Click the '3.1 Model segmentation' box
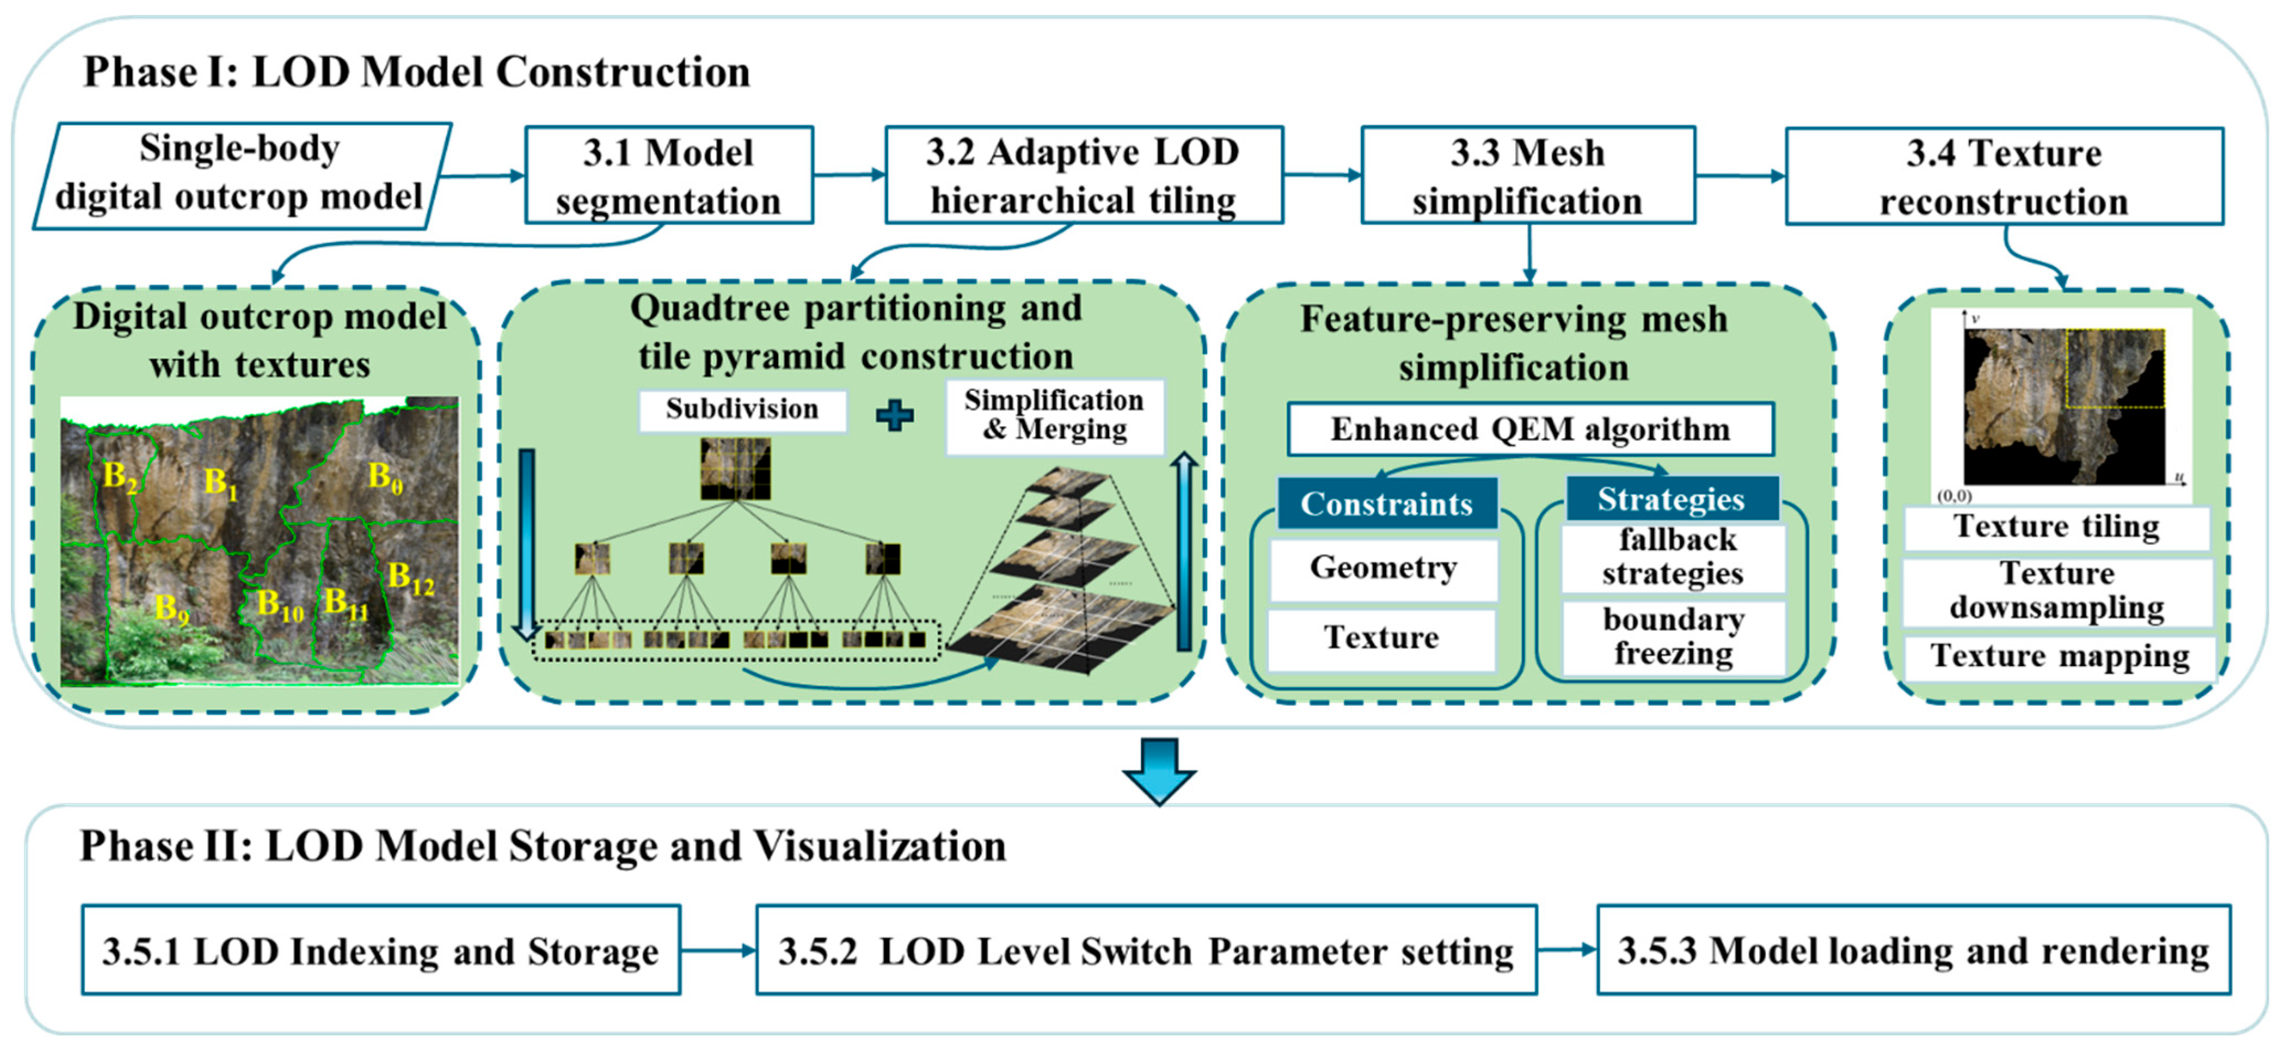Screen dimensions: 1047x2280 tap(668, 176)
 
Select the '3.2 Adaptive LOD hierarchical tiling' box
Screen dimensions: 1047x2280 tap(1083, 176)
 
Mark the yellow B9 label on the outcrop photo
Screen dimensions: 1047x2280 tap(172, 609)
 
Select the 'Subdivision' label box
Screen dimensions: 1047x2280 tap(742, 410)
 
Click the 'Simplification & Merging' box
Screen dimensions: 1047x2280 tap(1053, 415)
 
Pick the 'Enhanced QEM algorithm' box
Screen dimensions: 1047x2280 tap(1530, 429)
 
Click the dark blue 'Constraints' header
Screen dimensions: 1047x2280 tap(1386, 503)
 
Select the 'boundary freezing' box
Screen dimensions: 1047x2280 tap(1673, 637)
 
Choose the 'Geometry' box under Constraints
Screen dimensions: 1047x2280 tap(1383, 568)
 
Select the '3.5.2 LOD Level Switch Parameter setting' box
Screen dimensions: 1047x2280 tap(1146, 950)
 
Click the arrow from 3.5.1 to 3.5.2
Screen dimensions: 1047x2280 tap(718, 950)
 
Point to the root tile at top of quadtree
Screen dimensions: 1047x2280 tap(734, 469)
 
